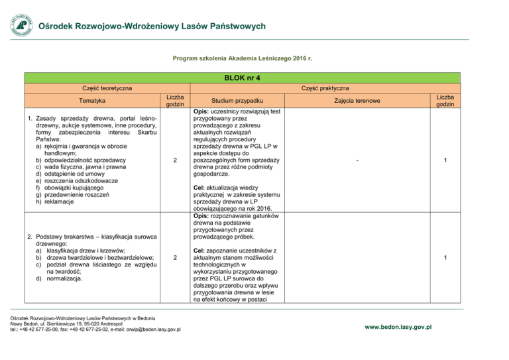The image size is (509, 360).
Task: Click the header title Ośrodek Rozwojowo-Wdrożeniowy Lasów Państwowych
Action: pos(152,27)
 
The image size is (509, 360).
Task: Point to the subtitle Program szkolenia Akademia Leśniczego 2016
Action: pos(242,59)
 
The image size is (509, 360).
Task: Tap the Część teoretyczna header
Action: pos(107,88)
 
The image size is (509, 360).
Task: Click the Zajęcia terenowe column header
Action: pos(357,101)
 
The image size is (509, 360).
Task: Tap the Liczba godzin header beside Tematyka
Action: pos(174,101)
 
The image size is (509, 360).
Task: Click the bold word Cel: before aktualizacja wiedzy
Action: pos(201,188)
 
